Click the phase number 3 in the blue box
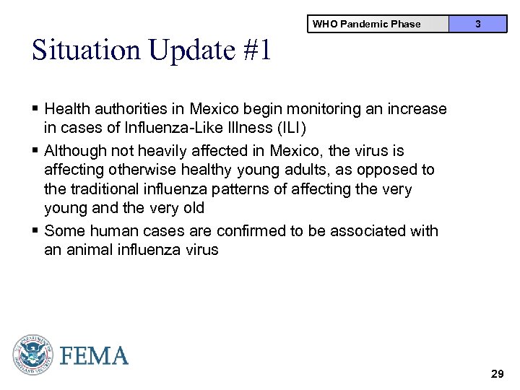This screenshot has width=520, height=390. (477, 24)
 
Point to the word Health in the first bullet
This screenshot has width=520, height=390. (67, 109)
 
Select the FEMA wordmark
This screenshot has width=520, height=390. (94, 356)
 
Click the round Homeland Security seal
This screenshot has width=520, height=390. (32, 355)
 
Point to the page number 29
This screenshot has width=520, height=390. (497, 374)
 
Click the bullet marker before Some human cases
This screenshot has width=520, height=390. (35, 231)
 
